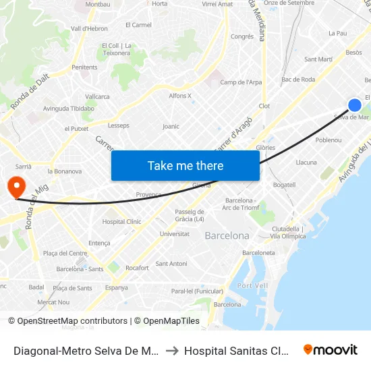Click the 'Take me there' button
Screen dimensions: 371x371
tap(185, 166)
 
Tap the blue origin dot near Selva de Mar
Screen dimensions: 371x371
tap(354, 105)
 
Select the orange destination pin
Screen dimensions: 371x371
tap(14, 186)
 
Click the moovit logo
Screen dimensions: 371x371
tap(330, 349)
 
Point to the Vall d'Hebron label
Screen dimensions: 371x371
tap(89, 28)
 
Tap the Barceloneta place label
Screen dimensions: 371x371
tap(258, 253)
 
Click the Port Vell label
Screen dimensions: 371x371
tap(253, 285)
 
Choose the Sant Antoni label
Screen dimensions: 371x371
tap(171, 263)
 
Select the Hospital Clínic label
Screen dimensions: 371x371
tap(122, 221)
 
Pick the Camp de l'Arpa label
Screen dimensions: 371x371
tap(241, 82)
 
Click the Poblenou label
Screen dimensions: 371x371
tap(329, 140)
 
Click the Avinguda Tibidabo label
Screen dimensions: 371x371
tap(68, 108)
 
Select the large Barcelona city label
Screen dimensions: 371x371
tap(227, 236)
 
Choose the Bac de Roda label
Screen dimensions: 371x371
tap(298, 80)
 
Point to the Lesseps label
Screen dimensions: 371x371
tap(119, 125)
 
